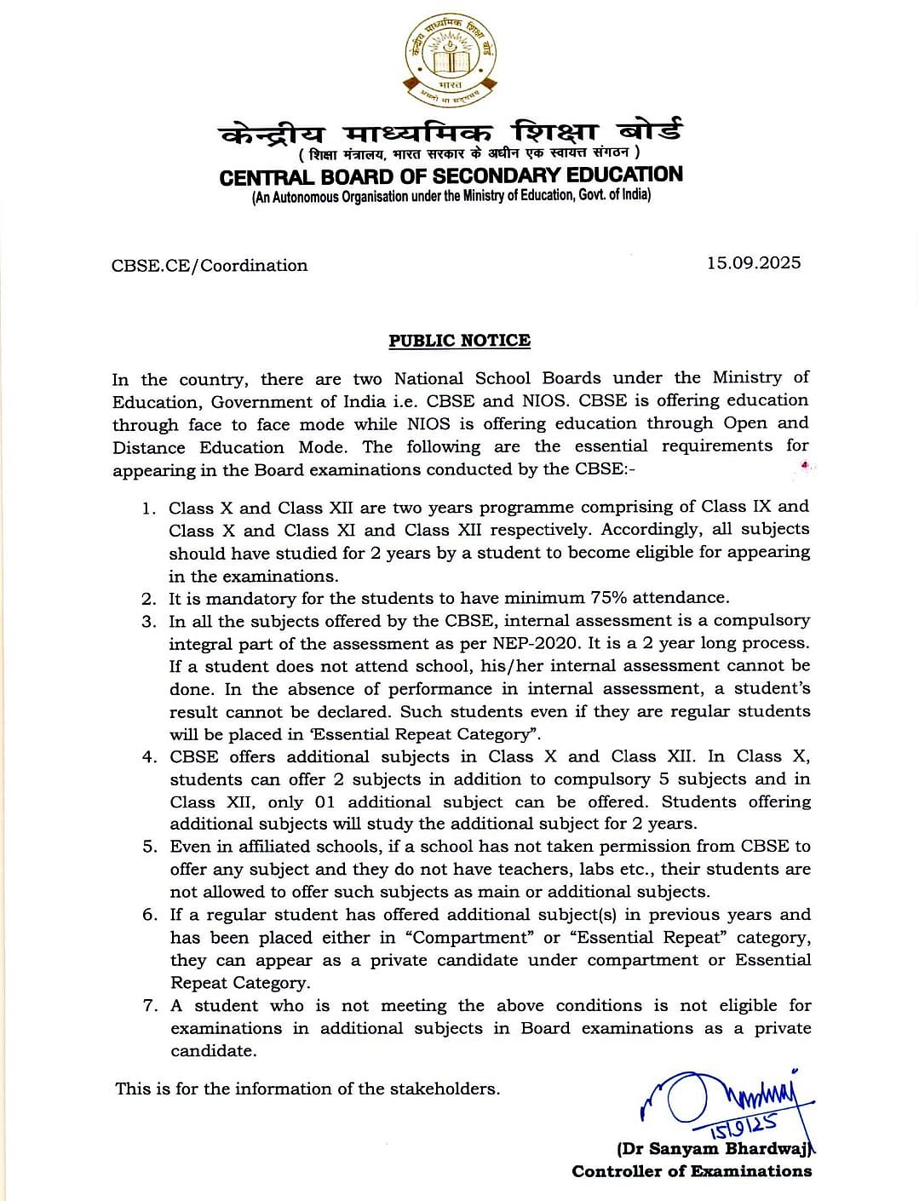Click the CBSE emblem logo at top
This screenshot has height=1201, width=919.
(x=451, y=60)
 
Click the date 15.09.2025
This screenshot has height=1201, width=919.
(x=753, y=262)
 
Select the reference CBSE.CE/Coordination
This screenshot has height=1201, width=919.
(x=210, y=265)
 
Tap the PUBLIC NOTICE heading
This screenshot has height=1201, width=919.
(x=459, y=341)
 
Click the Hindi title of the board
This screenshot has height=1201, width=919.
(x=451, y=133)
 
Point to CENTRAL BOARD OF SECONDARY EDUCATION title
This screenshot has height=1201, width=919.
(x=451, y=176)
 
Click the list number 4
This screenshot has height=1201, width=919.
(x=149, y=757)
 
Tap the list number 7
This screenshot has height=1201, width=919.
(x=150, y=1006)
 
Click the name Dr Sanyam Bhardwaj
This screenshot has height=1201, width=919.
(x=715, y=1148)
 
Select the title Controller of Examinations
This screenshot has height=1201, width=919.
(x=692, y=1171)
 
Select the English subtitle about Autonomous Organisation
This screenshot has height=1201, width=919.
(x=451, y=196)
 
